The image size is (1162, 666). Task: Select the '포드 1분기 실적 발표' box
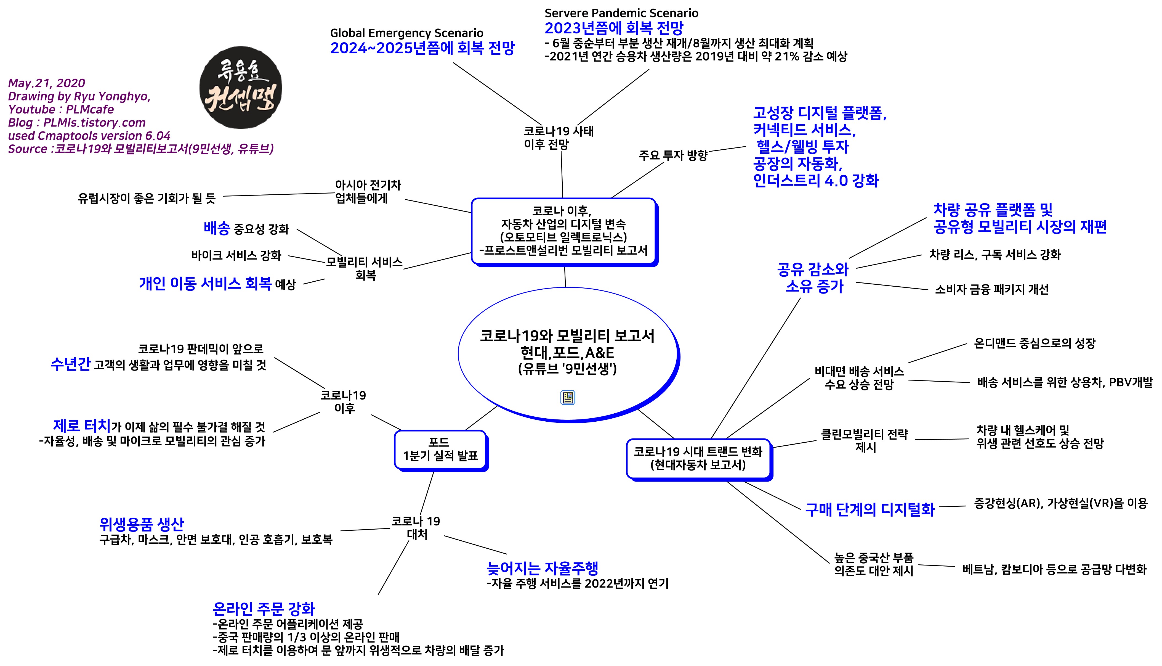[x=440, y=449]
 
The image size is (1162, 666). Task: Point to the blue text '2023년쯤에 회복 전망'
[x=613, y=28]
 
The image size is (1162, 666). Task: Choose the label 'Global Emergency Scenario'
[x=406, y=33]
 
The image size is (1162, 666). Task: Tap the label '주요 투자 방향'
[x=673, y=155]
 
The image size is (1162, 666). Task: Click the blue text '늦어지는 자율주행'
[x=542, y=568]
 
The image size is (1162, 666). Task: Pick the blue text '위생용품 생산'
[x=142, y=524]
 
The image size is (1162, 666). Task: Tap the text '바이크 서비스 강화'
[x=236, y=255]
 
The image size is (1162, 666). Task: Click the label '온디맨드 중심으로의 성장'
[x=1034, y=343]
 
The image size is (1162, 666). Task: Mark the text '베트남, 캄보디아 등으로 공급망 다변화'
[x=1054, y=569]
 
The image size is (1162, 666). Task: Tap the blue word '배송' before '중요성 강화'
[x=217, y=228]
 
